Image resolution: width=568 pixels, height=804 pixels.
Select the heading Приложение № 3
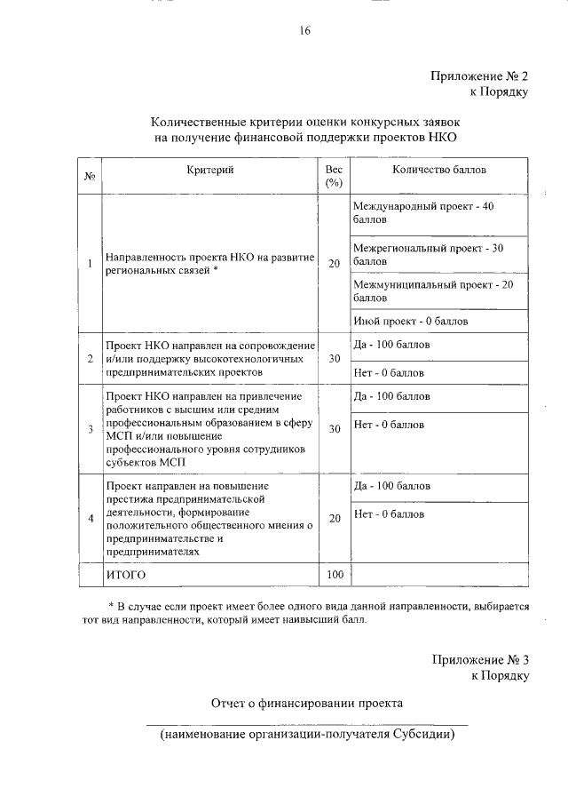pos(480,660)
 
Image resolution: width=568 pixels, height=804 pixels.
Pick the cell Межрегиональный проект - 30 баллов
pos(428,254)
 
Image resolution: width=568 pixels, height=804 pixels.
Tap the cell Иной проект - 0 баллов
pos(410,321)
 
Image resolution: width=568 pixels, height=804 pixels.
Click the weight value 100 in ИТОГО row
pos(334,575)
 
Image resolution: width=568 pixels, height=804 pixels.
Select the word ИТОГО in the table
pos(125,575)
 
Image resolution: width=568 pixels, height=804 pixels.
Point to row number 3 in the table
pos(90,430)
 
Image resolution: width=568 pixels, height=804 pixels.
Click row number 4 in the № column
pos(90,519)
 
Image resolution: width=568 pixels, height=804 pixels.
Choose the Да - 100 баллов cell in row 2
pos(391,343)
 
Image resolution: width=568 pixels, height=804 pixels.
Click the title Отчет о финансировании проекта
pos(306,703)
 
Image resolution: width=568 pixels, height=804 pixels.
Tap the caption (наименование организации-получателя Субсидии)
pos(307,736)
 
